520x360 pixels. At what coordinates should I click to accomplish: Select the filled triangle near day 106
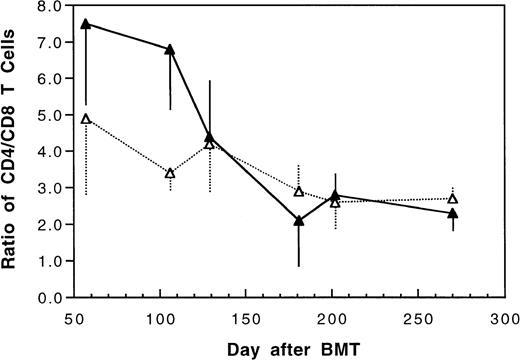[x=170, y=49]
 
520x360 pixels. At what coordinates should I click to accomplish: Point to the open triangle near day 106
[x=170, y=173]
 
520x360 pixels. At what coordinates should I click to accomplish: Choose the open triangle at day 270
[x=453, y=199]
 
